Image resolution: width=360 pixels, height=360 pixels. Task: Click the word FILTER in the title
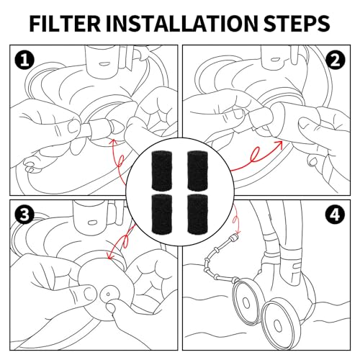point(65,24)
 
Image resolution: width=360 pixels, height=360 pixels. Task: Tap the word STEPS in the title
point(297,24)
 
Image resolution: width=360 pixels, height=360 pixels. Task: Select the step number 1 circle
point(24,60)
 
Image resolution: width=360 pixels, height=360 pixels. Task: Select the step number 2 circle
point(336,60)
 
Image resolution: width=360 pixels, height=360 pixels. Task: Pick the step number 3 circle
point(24,215)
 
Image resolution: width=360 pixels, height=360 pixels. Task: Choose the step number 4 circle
point(336,215)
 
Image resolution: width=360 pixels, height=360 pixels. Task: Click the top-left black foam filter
point(162,170)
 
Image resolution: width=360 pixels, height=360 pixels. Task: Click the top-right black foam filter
point(197,170)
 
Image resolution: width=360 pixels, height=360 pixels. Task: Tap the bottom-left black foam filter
point(162,214)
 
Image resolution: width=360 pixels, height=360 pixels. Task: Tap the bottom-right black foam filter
point(197,214)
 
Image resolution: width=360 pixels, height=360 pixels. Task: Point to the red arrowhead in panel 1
point(113,143)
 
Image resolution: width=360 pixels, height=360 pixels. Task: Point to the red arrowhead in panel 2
point(279,144)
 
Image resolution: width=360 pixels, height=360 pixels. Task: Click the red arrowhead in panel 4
point(238,232)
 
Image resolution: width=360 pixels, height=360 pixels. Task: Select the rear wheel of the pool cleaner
point(246,301)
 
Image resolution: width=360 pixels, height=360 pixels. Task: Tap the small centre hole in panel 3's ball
point(108,294)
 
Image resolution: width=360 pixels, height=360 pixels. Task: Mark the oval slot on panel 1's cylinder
point(104,64)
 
